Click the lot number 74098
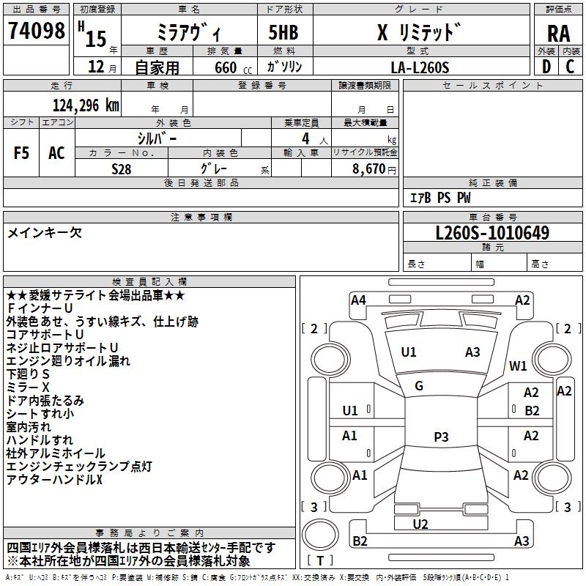(x=36, y=30)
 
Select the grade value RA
(x=558, y=34)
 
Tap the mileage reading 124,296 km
(x=85, y=105)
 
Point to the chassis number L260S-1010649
(x=492, y=233)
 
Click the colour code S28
(x=122, y=168)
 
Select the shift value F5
(x=21, y=153)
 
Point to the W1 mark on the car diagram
(x=519, y=366)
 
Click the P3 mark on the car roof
(x=441, y=437)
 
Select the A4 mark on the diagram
(x=358, y=300)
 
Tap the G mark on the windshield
(x=418, y=385)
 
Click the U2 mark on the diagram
(x=420, y=524)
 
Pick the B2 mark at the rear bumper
(x=360, y=541)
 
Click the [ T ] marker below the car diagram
(x=321, y=561)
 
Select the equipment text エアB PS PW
(x=439, y=198)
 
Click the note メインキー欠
(x=45, y=233)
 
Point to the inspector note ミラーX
(x=28, y=387)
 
